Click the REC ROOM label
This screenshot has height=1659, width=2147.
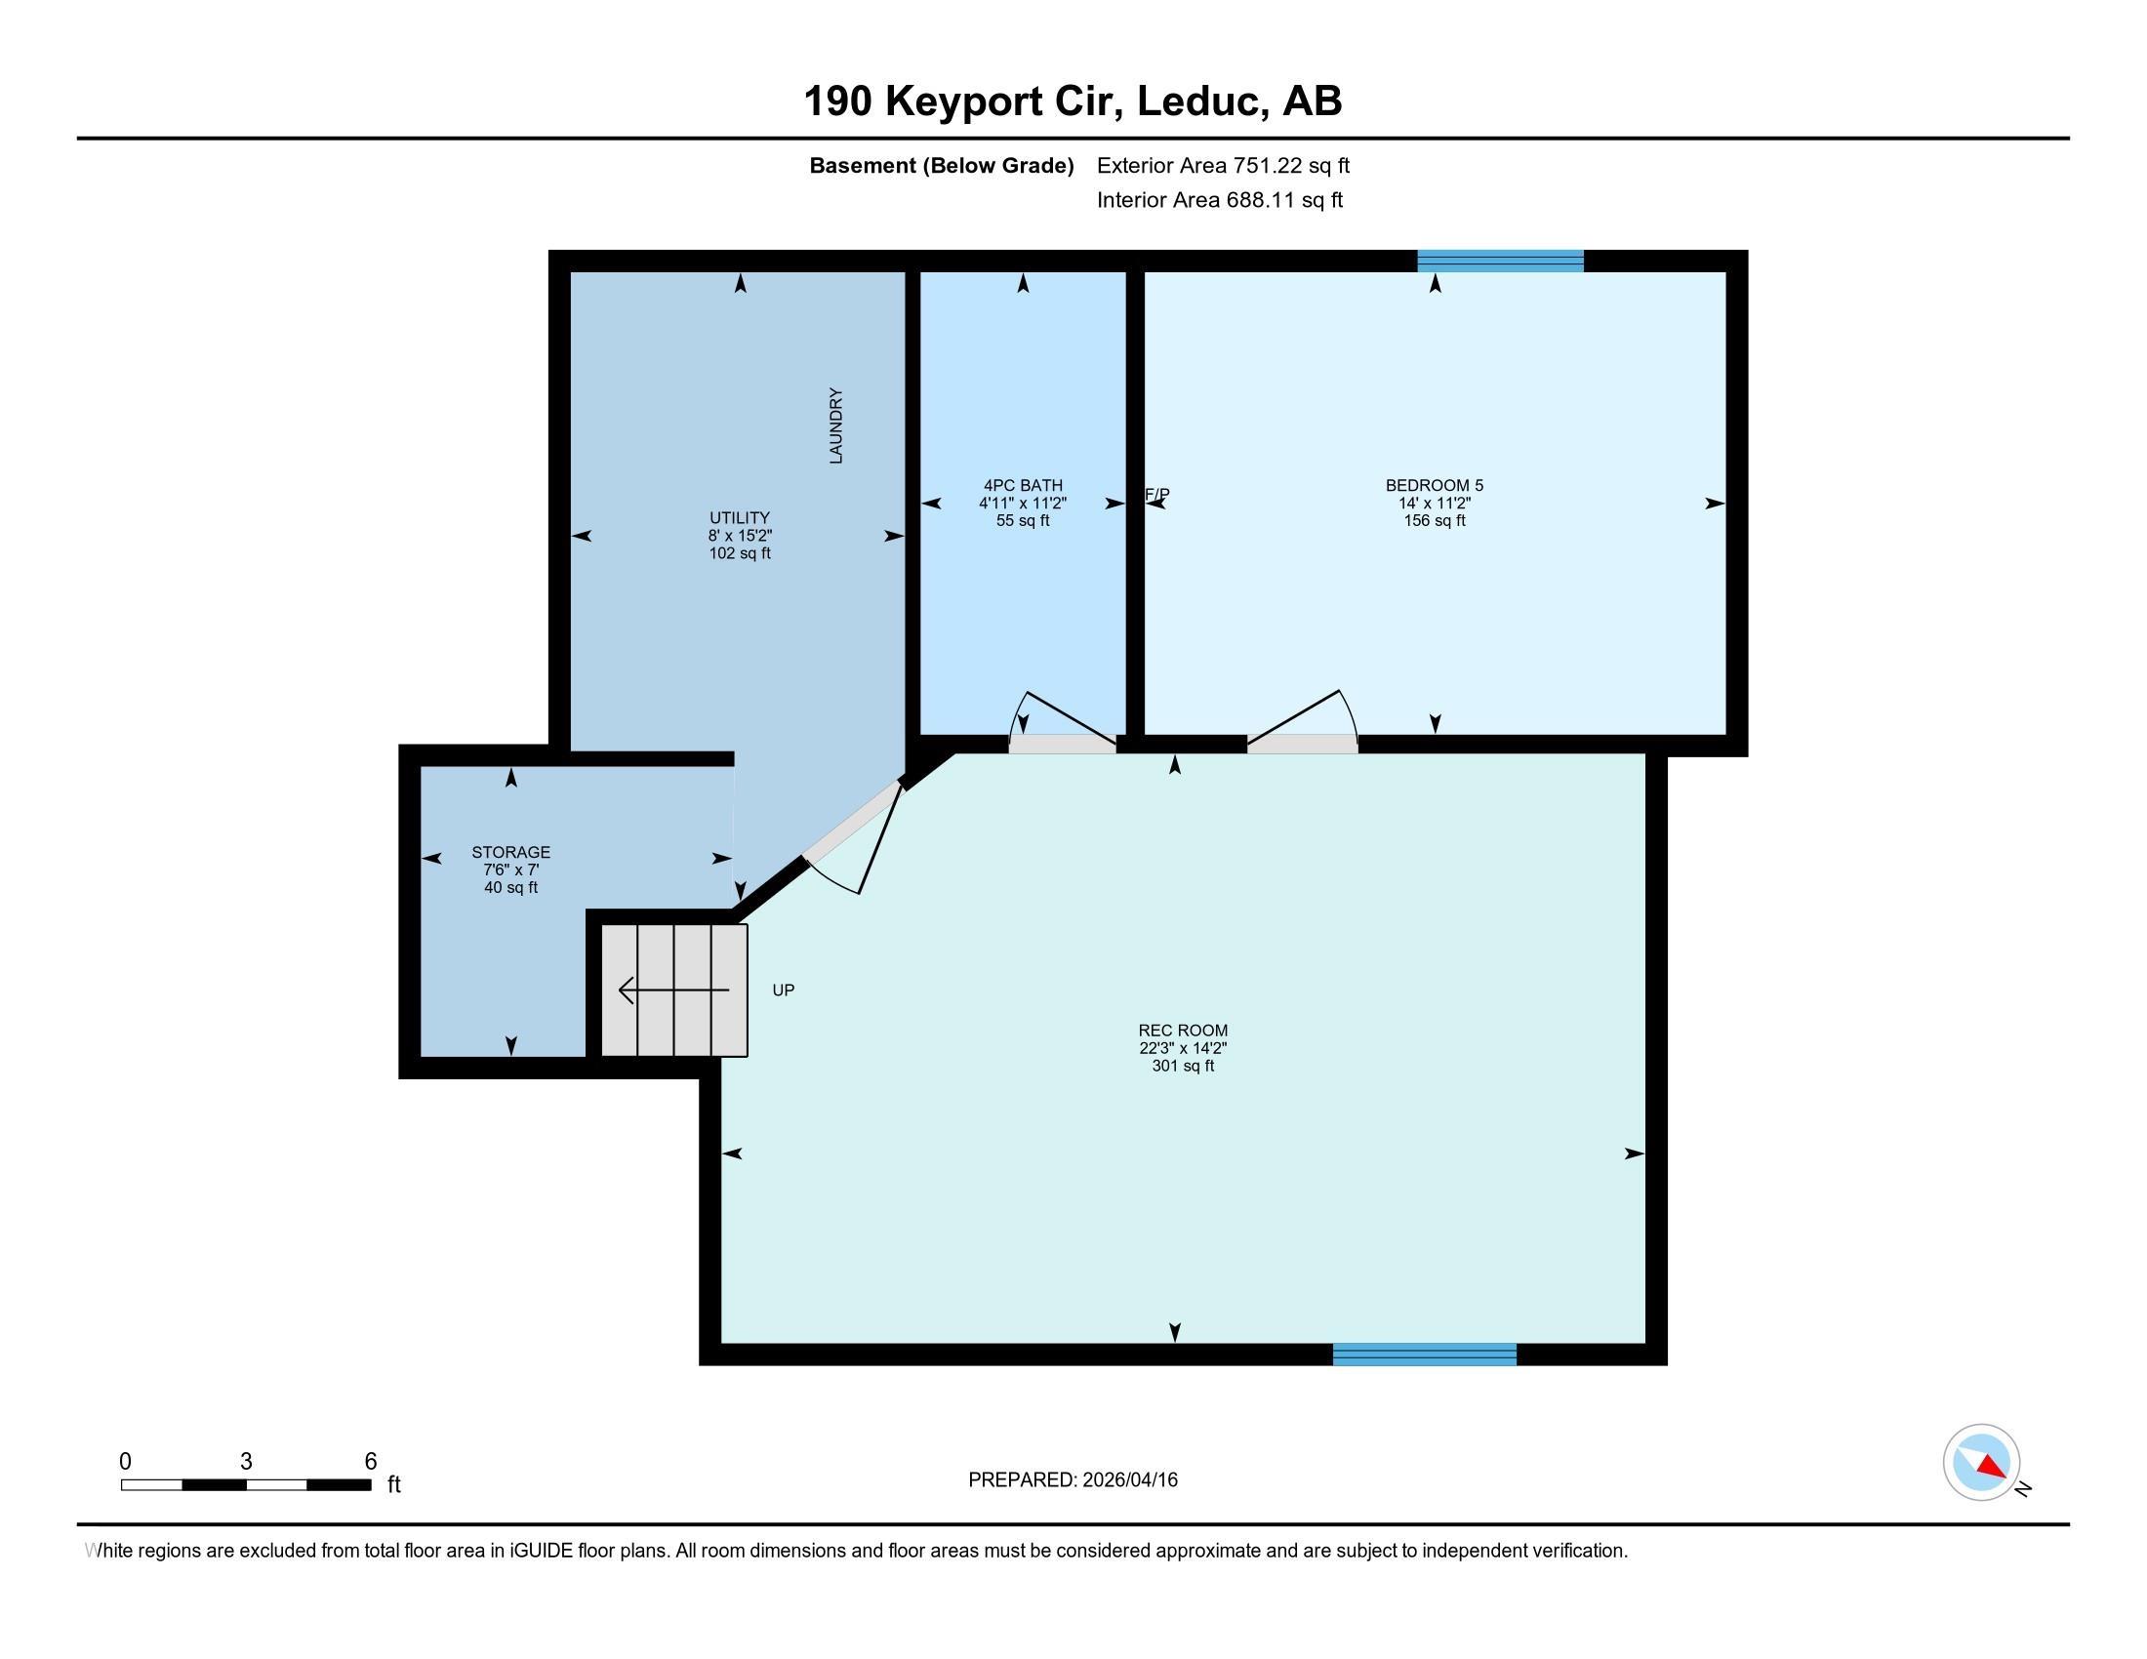[1183, 1030]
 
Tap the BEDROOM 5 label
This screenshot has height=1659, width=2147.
[1435, 485]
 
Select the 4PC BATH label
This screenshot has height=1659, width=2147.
[1023, 485]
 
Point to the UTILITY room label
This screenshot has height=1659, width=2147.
[740, 518]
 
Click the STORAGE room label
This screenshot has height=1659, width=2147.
[510, 852]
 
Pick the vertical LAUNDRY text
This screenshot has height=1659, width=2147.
[836, 425]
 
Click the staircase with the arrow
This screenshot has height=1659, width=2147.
[674, 990]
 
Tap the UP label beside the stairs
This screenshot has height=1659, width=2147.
[784, 990]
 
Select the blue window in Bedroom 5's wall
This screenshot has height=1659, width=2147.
[1500, 261]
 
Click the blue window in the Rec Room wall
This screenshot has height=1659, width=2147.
[1425, 1355]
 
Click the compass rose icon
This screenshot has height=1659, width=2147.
[1982, 1463]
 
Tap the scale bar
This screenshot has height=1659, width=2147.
[246, 1484]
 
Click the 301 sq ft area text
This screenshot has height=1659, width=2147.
[1183, 1066]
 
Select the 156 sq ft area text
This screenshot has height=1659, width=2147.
[1435, 520]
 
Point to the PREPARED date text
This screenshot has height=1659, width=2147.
[1073, 1479]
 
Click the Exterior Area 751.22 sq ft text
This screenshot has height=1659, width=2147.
[1223, 165]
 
